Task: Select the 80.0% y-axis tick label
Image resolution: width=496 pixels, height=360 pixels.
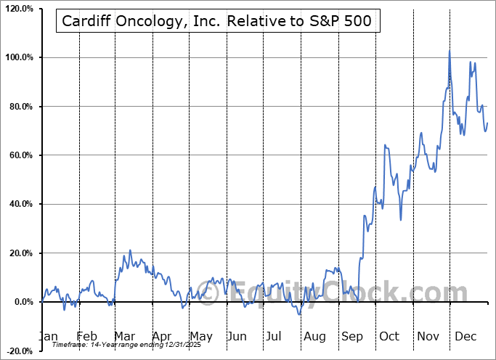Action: [x=19, y=107]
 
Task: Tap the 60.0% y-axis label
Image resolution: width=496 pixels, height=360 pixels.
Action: [x=19, y=155]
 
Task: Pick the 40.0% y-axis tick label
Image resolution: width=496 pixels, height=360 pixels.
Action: [x=19, y=205]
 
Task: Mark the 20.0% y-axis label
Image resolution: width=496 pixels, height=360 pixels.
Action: [x=19, y=253]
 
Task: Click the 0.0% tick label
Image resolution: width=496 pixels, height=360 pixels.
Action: [x=21, y=302]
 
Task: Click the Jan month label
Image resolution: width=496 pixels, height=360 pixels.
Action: [x=48, y=336]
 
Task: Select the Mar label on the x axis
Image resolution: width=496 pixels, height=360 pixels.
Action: [x=125, y=336]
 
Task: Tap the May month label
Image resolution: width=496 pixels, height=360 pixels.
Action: [x=200, y=336]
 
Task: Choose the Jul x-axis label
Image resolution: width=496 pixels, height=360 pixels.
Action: [x=274, y=336]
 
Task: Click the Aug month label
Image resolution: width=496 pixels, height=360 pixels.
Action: [x=315, y=336]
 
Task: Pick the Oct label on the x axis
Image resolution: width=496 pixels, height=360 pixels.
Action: [x=389, y=336]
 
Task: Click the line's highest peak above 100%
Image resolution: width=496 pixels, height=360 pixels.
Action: [x=450, y=51]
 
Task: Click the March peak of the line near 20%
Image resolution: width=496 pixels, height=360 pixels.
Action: [x=130, y=250]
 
